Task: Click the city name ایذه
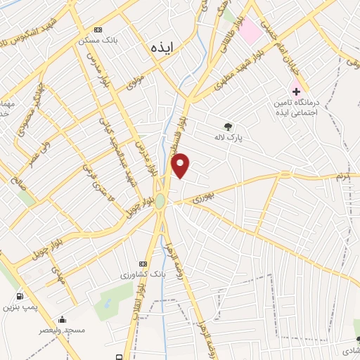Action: pyautogui.click(x=162, y=47)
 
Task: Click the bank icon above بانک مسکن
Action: pyautogui.click(x=98, y=30)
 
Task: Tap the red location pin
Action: pyautogui.click(x=181, y=165)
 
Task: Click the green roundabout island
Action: pyautogui.click(x=160, y=201)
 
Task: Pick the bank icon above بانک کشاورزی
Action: pyautogui.click(x=144, y=263)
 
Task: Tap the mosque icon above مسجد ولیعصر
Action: pyautogui.click(x=62, y=319)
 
